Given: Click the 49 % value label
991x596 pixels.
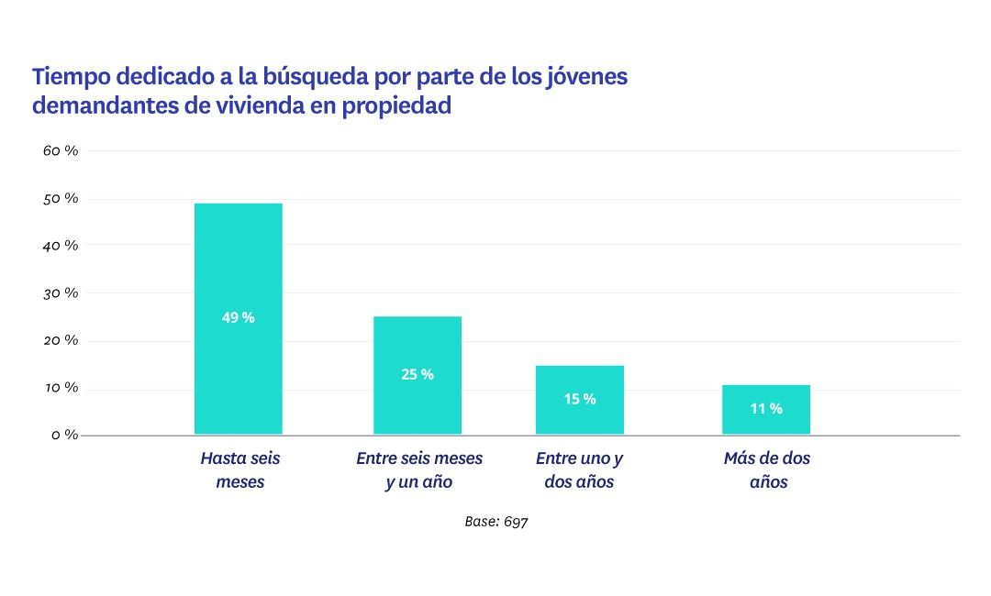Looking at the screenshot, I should coord(238,318).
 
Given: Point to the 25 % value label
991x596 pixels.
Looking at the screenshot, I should coord(418,374).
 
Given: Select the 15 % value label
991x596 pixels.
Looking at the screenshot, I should coord(579,399).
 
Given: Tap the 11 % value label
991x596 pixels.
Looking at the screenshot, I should coord(766,409).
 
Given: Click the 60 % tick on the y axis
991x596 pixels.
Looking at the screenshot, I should coord(61,150).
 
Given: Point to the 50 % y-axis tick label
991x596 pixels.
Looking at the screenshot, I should coord(61,198).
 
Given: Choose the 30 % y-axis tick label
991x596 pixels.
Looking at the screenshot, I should coord(61,292).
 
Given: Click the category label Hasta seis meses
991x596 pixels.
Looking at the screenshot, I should coord(239,469).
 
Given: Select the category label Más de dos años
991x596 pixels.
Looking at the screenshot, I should coord(767,469).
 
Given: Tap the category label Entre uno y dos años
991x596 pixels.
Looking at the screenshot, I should coord(579,469).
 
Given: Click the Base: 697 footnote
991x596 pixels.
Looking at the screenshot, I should coord(496,521).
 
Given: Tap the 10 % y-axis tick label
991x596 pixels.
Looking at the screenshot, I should coord(61,388).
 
